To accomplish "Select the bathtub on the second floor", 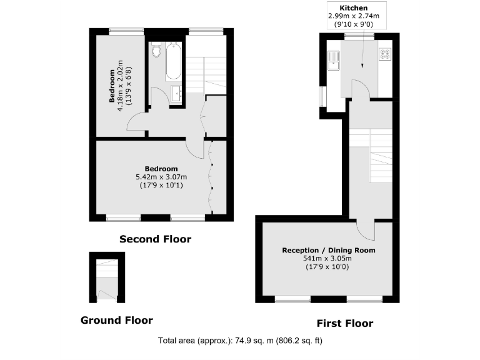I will [x=173, y=61].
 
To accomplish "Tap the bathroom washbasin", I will [x=176, y=94].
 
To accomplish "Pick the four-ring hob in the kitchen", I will [x=384, y=54].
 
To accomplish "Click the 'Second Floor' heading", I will [x=155, y=239].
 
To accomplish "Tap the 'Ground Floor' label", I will [x=116, y=320].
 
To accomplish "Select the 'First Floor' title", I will [x=345, y=323].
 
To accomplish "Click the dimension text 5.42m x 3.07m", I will [x=161, y=177].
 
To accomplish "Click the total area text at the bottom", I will [x=240, y=341].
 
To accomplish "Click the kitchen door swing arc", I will [x=361, y=89].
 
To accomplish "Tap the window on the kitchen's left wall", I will [x=322, y=97].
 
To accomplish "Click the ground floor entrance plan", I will [x=107, y=278].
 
